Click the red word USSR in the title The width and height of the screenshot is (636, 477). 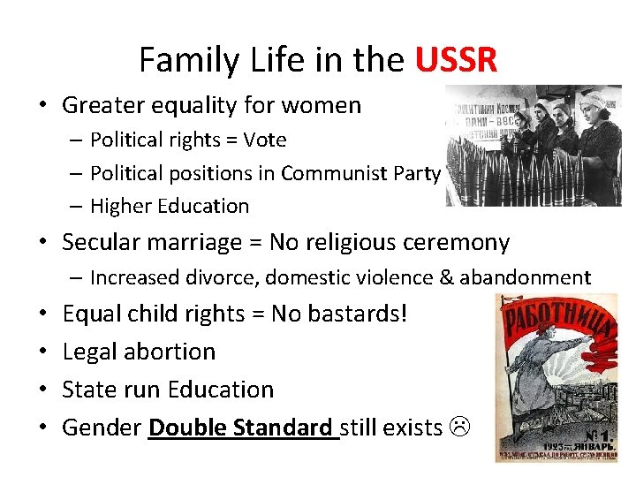[456, 60]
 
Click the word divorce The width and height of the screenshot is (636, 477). [225, 277]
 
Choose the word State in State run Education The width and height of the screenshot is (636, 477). [88, 390]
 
